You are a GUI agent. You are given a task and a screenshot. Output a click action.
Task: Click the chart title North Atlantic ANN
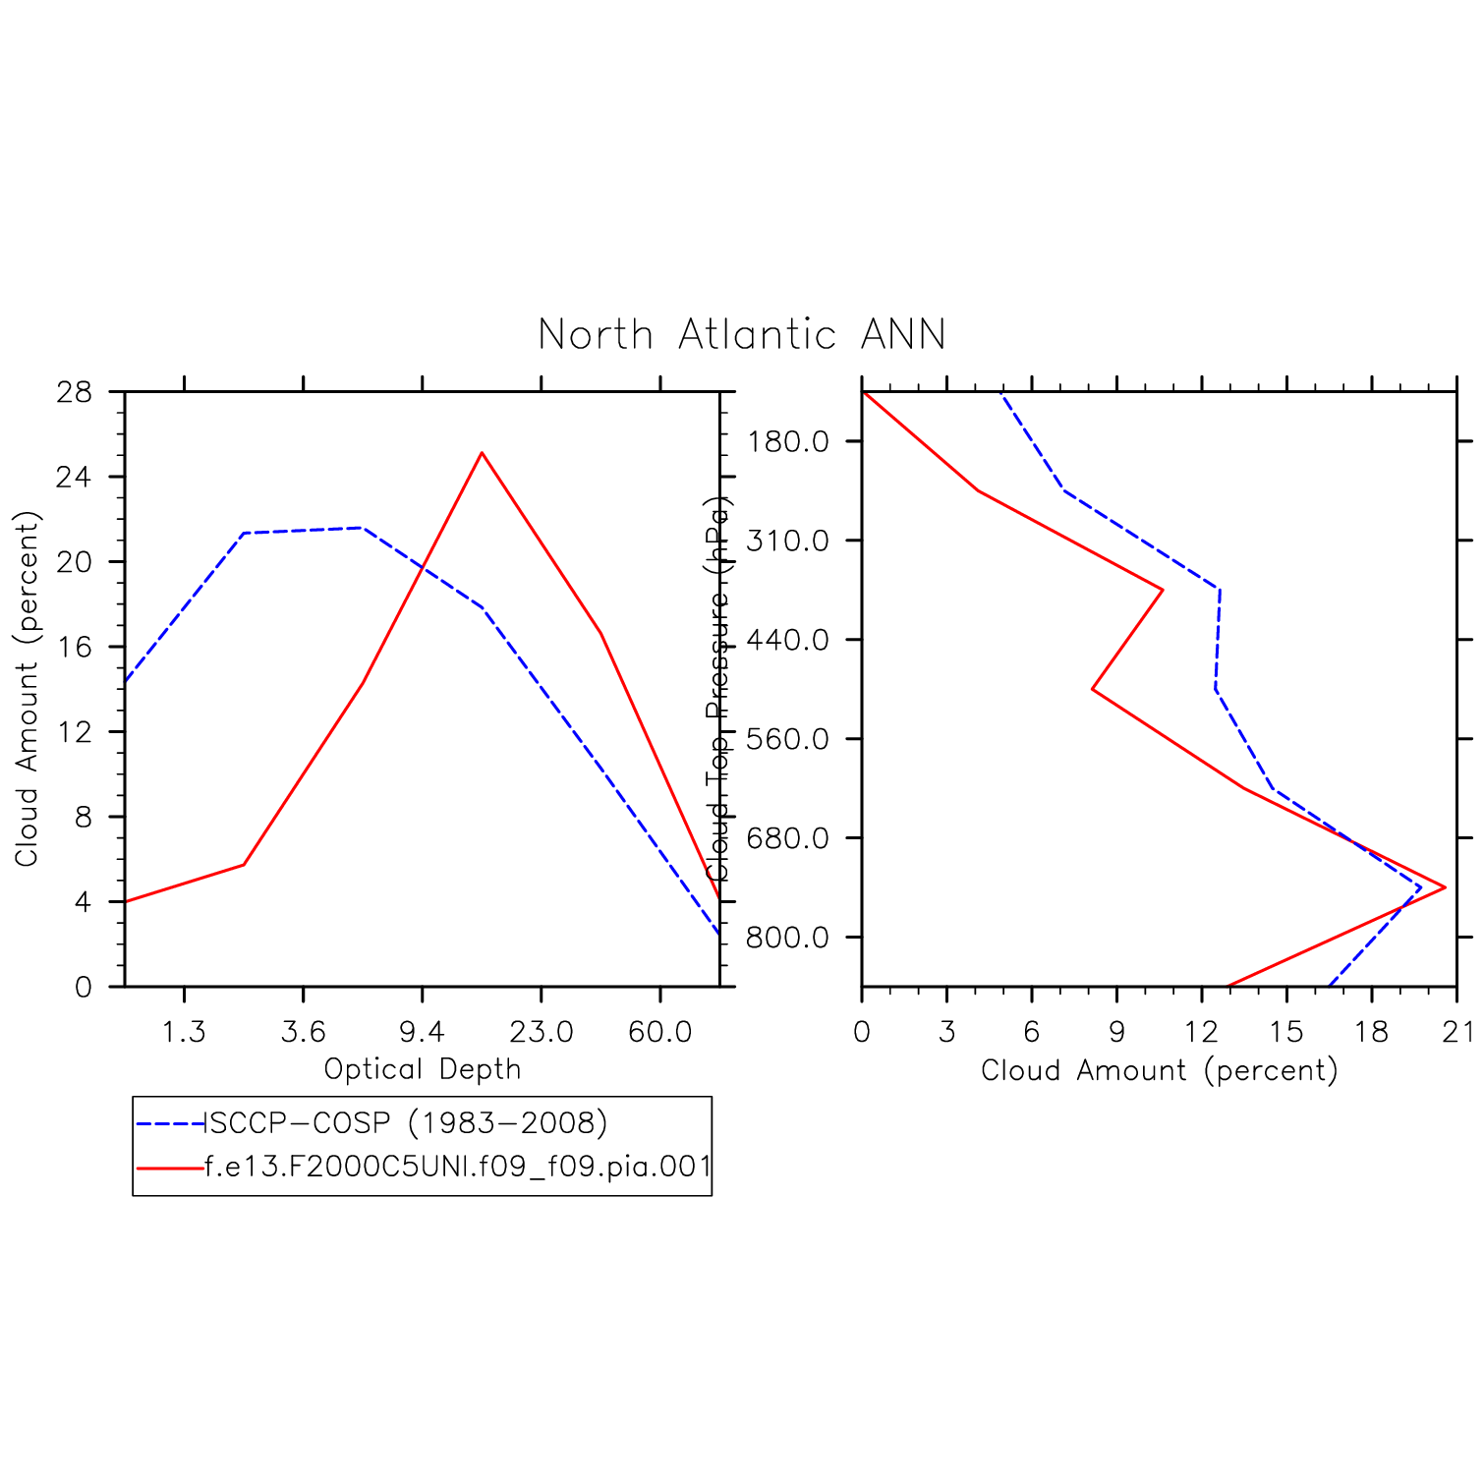[x=742, y=335]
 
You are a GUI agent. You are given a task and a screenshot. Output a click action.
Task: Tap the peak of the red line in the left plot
[x=482, y=453]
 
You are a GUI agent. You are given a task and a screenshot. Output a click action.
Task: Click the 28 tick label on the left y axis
[x=75, y=393]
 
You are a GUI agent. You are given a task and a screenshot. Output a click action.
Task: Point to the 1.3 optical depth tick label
[x=184, y=1032]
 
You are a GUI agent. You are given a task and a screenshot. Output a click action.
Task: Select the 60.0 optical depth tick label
[x=660, y=1032]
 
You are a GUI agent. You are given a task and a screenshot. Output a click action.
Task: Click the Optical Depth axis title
[x=423, y=1069]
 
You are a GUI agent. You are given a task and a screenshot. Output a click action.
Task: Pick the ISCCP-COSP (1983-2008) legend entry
[x=405, y=1122]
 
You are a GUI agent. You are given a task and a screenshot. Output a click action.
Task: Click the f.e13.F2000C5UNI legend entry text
[x=457, y=1167]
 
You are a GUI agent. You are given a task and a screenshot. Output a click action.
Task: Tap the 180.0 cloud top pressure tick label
[x=787, y=441]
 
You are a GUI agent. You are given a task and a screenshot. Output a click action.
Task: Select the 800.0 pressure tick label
[x=787, y=938]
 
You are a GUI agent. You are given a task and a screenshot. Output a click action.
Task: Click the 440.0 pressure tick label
[x=787, y=640]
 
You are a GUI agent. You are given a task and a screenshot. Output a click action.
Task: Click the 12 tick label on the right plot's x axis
[x=1202, y=1032]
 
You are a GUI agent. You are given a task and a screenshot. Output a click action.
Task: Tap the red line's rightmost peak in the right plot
[x=1444, y=887]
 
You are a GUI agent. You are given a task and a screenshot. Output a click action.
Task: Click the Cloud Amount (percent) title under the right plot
[x=1160, y=1070]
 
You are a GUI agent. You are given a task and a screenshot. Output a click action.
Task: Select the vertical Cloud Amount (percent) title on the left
[x=27, y=688]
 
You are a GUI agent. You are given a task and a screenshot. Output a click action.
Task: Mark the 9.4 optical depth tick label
[x=423, y=1032]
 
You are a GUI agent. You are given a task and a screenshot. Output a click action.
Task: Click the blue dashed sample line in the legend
[x=169, y=1122]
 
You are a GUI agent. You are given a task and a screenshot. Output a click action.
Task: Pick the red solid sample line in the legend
[x=169, y=1168]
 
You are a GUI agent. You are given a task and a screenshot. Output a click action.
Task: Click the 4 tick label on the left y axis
[x=83, y=902]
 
